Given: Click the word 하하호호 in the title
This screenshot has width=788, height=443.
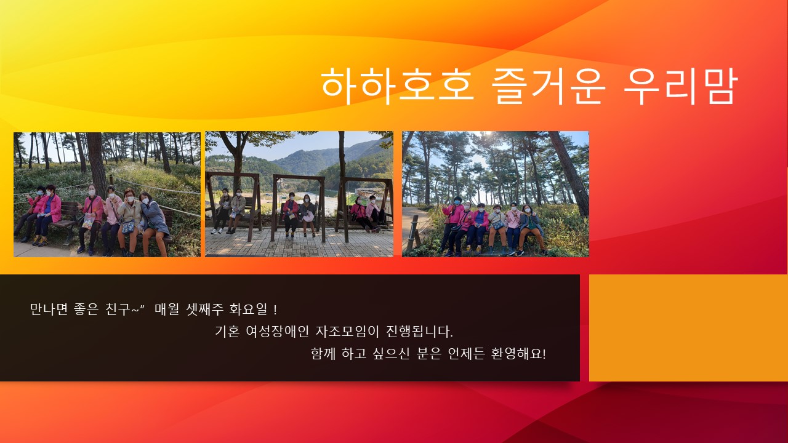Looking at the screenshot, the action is (397, 86).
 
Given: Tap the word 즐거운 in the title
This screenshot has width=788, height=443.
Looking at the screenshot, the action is (548, 86).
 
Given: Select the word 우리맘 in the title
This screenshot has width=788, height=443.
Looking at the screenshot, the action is (680, 86).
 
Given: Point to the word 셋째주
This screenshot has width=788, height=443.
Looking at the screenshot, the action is (205, 309).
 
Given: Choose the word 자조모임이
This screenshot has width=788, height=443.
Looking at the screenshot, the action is (347, 331).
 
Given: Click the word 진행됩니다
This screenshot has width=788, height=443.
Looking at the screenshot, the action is (420, 331).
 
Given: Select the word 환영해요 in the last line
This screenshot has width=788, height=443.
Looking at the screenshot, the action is (518, 353).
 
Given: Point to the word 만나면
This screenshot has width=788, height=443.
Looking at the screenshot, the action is (49, 309).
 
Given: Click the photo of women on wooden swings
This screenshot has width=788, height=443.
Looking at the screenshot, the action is (299, 194).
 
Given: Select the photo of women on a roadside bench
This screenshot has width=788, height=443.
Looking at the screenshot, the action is (107, 194).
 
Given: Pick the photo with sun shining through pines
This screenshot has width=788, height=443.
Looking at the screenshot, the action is (496, 194).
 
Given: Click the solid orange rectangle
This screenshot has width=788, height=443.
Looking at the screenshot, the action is (688, 328).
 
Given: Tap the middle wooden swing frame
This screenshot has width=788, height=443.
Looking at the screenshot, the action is (299, 208).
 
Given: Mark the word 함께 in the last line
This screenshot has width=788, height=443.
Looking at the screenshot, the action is (323, 353).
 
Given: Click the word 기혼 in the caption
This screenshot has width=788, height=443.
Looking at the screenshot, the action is (227, 331).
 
